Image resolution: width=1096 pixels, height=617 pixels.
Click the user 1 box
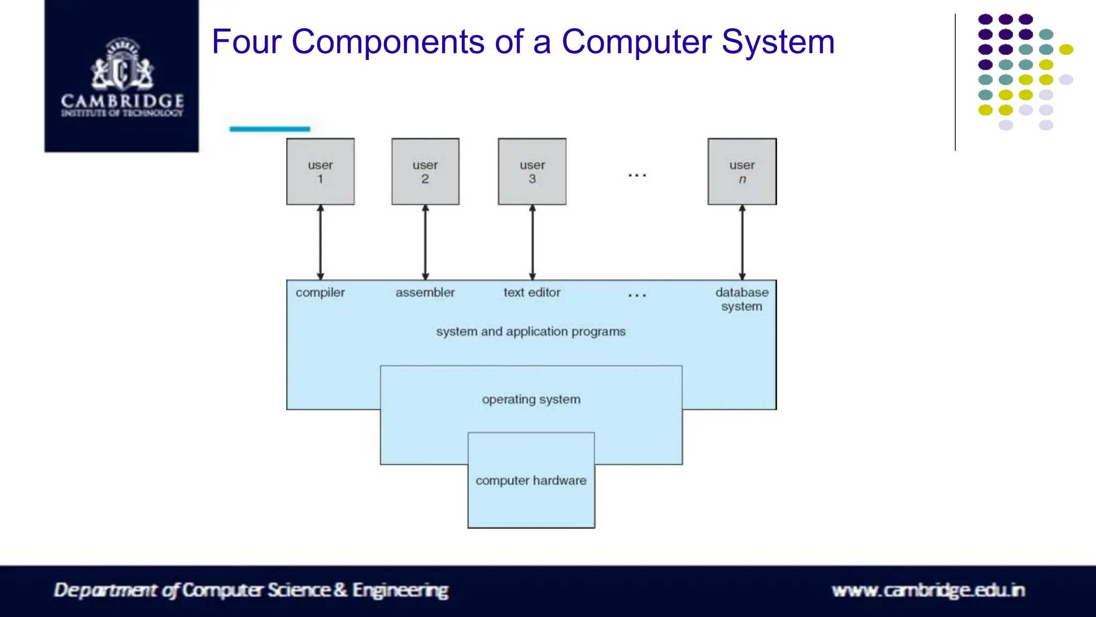320,171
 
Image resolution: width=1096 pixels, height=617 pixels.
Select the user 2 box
425,171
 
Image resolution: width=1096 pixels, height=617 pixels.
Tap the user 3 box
532,171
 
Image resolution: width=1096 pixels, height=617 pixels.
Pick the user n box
742,171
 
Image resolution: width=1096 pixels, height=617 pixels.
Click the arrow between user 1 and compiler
320,242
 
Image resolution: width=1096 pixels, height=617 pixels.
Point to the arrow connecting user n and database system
742,242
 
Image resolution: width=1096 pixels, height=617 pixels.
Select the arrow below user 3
532,242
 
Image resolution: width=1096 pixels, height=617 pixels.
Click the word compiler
320,293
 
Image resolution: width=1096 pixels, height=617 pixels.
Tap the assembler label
425,293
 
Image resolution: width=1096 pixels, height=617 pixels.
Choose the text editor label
531,293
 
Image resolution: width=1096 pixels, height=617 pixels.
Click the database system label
742,299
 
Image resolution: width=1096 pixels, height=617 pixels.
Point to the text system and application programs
530,332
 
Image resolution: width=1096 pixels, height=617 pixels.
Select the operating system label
531,399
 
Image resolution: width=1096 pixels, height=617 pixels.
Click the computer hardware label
531,481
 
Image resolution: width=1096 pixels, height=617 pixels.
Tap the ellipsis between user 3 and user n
637,175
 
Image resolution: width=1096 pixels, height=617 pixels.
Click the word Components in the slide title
388,42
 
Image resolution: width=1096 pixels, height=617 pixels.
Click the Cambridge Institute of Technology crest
122,64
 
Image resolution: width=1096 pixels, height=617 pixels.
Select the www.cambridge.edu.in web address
928,590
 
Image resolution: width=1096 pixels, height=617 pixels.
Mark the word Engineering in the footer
400,590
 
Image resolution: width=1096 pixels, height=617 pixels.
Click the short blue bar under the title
270,129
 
